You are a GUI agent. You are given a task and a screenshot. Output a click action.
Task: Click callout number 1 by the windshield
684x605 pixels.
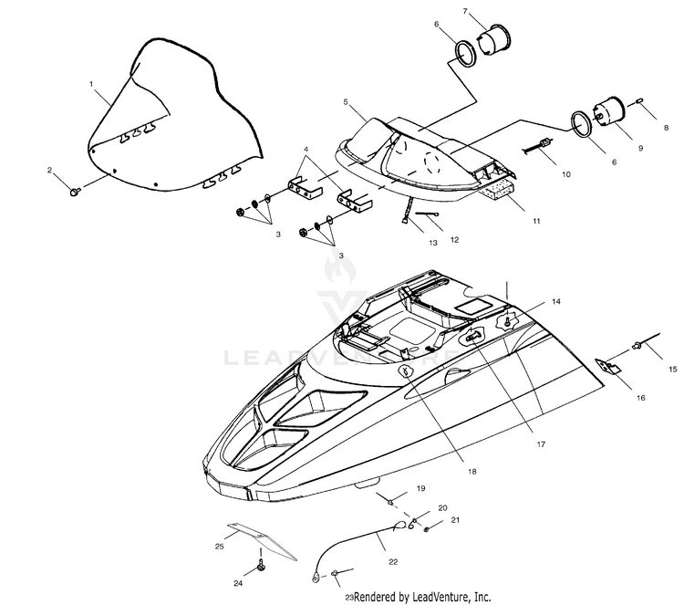[x=92, y=83]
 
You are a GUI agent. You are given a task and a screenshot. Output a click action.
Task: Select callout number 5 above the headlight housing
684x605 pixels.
[x=347, y=102]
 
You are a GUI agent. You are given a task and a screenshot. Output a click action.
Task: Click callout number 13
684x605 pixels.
[x=432, y=242]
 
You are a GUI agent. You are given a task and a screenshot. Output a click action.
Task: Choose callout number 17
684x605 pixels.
[x=541, y=443]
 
